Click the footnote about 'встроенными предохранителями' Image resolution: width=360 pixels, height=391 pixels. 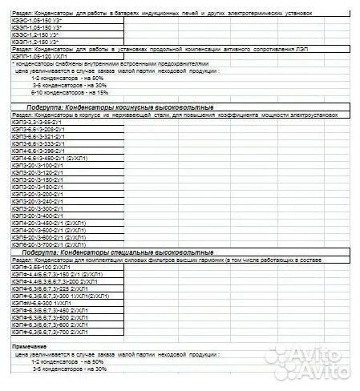[112, 62]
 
